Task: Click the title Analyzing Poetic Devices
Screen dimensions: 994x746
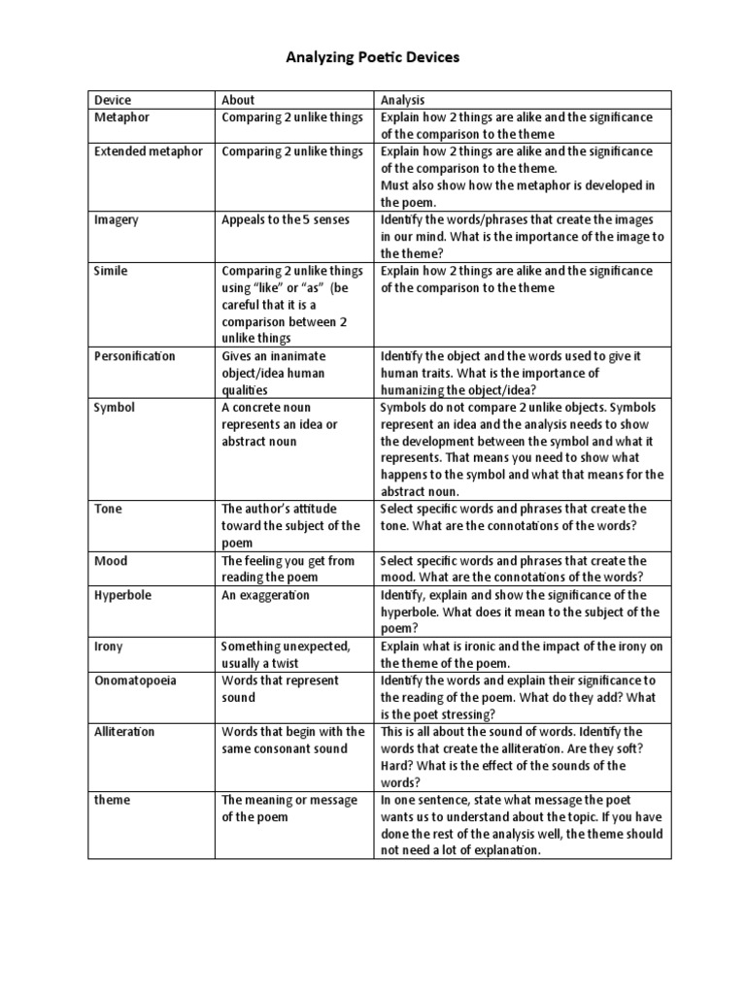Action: (372, 58)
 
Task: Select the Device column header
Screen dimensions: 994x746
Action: (113, 100)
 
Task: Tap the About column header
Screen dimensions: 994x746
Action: (238, 100)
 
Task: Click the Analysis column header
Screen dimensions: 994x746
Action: (403, 100)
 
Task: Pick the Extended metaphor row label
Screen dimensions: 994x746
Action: (149, 151)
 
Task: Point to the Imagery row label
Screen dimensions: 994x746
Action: (117, 219)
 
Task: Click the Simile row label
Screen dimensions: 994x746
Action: (111, 271)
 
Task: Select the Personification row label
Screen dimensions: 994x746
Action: (135, 356)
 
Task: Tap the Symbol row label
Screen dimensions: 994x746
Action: (114, 408)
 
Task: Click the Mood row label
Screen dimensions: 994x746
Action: (111, 561)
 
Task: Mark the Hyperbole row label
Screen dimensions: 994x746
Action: (122, 595)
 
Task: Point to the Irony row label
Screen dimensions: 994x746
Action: (109, 646)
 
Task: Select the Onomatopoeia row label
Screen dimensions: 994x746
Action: (135, 680)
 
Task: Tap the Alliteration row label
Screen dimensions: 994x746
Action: (124, 732)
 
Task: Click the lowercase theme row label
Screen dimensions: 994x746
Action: (113, 800)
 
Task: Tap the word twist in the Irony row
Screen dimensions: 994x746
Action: (282, 663)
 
